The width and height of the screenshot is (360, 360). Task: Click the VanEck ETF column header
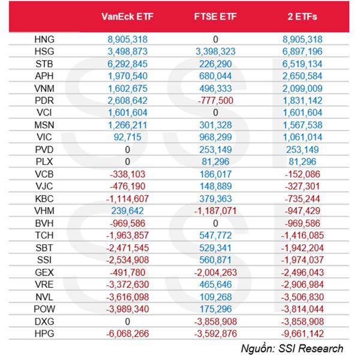(127, 17)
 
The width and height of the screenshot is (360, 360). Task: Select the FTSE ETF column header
(215, 17)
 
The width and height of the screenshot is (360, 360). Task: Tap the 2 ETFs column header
(302, 17)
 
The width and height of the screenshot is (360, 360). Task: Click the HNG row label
(44, 39)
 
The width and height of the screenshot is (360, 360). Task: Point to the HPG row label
(44, 334)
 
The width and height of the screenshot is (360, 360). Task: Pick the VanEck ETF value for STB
(127, 64)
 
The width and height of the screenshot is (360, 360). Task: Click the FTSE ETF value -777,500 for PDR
(215, 101)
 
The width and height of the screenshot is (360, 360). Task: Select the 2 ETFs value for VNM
(302, 88)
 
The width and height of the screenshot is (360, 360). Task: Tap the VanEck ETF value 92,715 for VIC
(127, 137)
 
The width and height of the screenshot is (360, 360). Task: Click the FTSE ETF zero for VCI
(215, 113)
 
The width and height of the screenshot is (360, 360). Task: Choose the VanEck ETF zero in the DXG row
(127, 322)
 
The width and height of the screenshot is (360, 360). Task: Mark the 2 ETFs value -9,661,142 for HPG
(302, 334)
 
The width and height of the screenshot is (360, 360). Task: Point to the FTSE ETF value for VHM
(215, 211)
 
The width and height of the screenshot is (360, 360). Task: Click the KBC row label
(44, 199)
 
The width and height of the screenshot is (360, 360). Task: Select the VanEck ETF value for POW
(127, 309)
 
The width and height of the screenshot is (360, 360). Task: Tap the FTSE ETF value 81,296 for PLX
(215, 162)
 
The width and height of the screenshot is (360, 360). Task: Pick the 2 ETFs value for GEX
(302, 272)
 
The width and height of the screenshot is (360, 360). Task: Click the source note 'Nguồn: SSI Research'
(292, 349)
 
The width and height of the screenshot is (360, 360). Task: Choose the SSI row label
(44, 260)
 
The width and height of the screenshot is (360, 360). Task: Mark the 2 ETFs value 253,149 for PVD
(302, 149)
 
